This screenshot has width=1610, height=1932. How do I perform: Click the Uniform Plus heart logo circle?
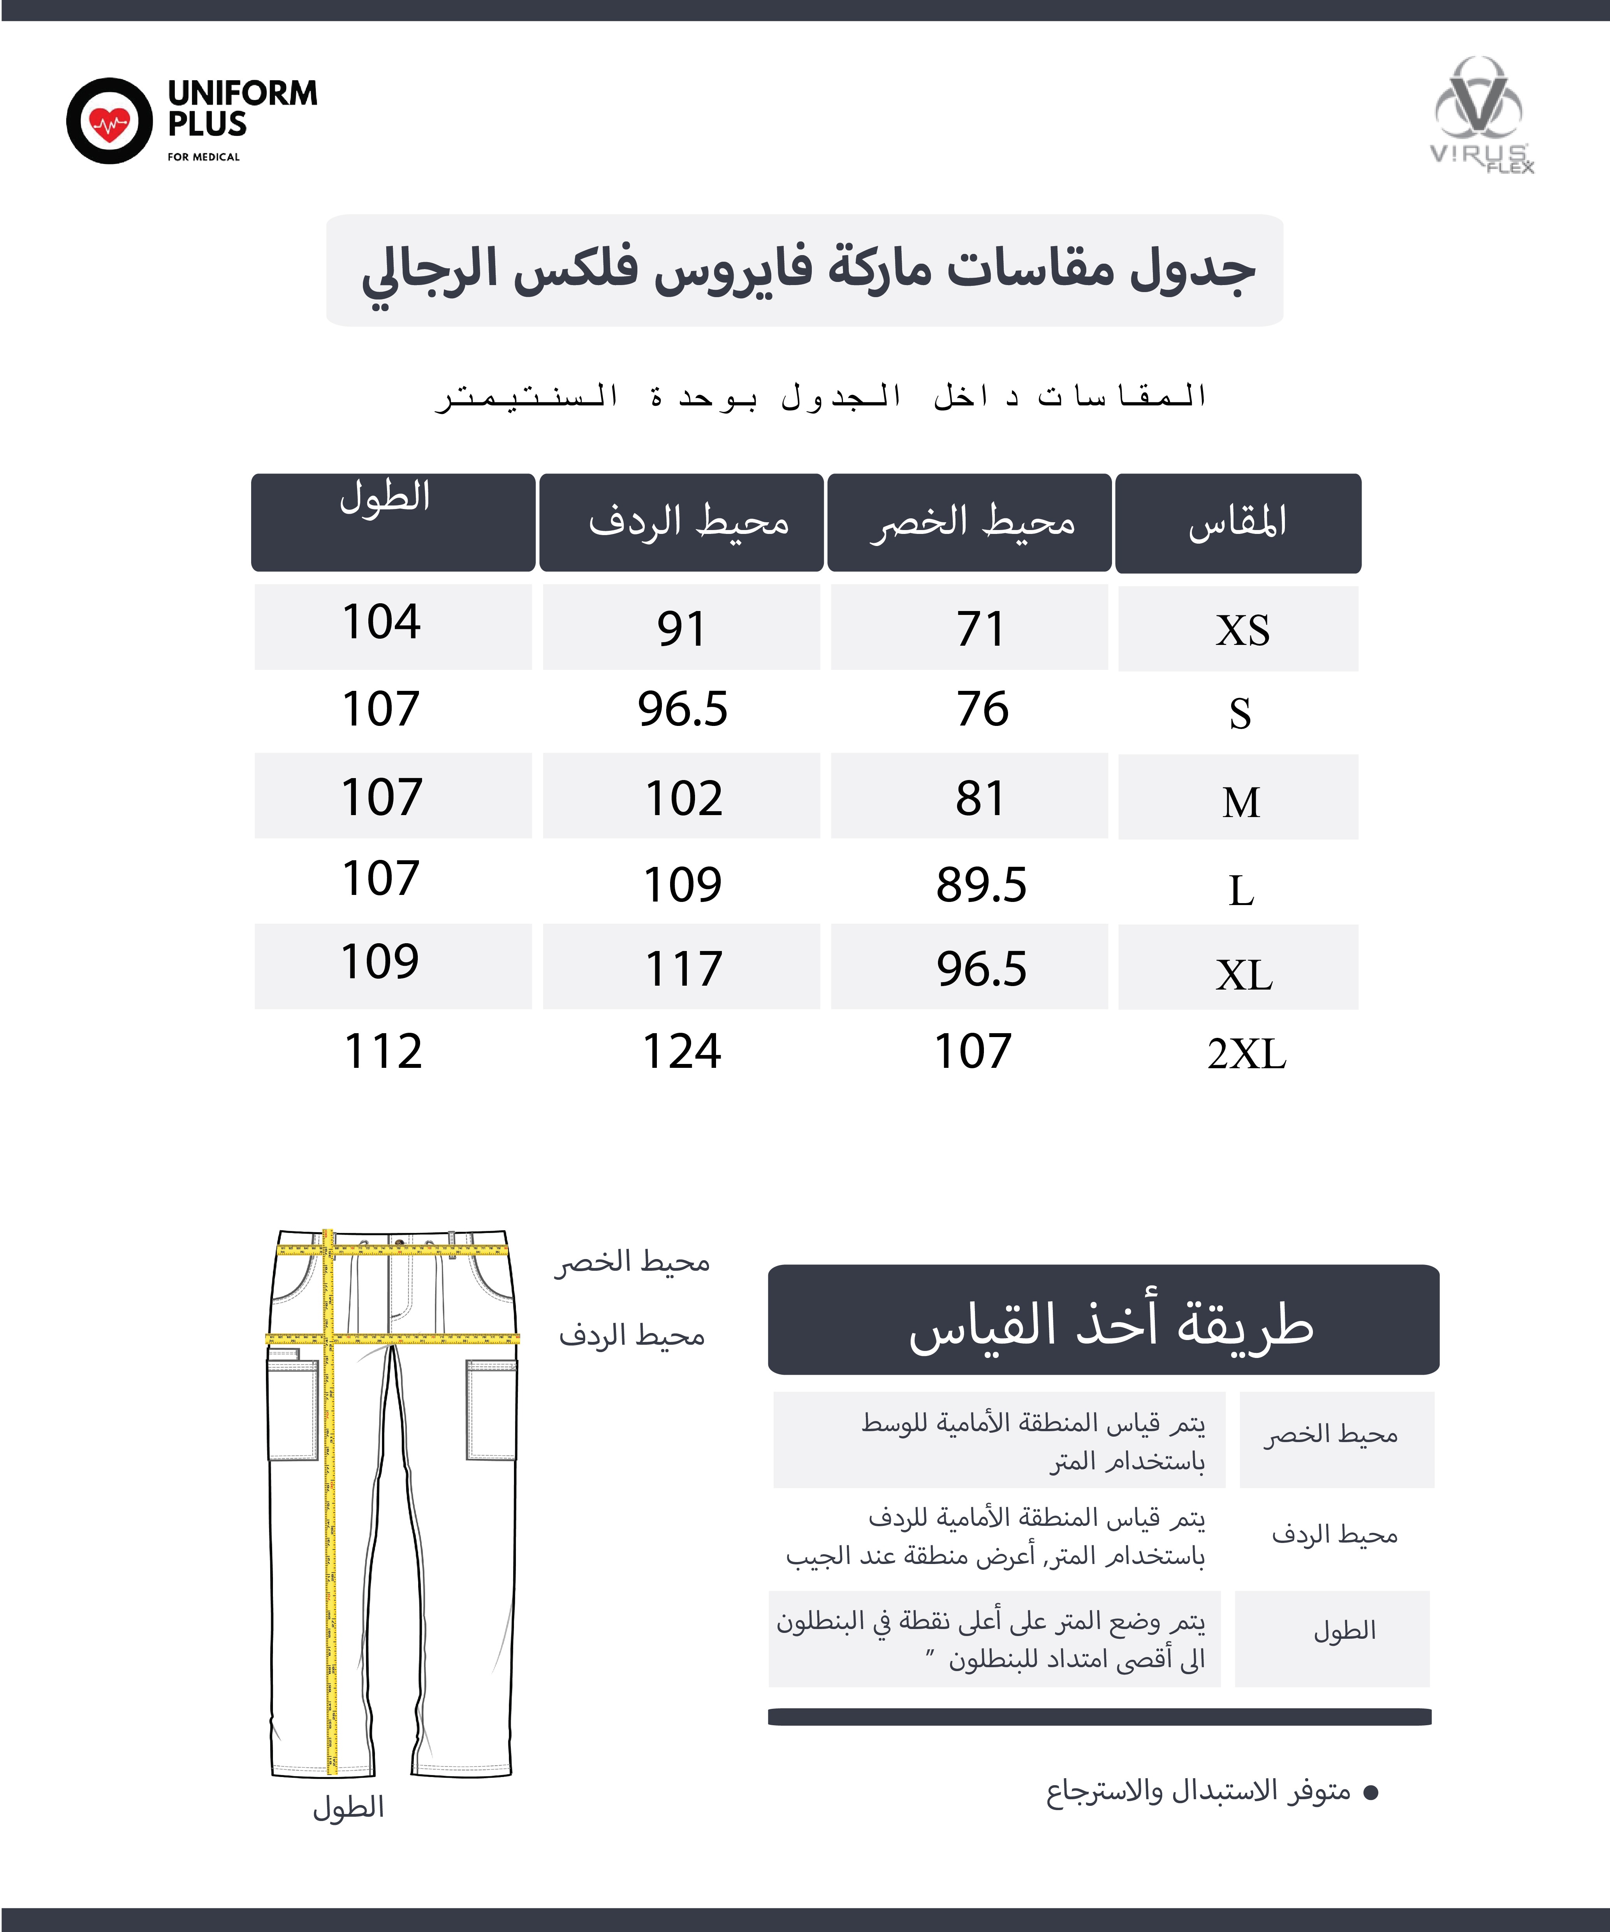[x=109, y=120]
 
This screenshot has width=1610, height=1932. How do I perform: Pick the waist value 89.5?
[x=981, y=885]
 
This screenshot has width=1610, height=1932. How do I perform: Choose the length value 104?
[x=381, y=622]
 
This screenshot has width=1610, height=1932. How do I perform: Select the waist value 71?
[x=981, y=629]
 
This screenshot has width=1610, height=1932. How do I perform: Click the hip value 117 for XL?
[x=684, y=969]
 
